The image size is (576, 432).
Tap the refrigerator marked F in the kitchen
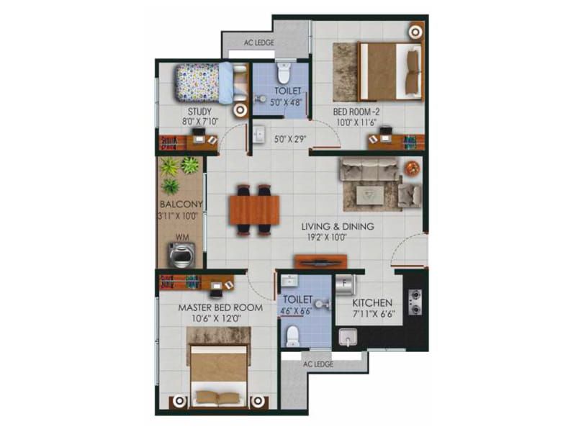[345, 285]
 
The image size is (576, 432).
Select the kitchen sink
[348, 338]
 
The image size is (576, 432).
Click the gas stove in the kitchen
[415, 302]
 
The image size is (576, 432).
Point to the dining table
[254, 210]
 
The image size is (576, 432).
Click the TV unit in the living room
[320, 261]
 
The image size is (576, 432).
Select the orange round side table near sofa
[412, 168]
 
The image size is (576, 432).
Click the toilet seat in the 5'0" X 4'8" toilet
[284, 73]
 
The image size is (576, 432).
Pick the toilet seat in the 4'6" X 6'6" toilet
[293, 336]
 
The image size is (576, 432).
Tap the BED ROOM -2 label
[356, 112]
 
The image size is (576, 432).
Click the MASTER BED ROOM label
[220, 307]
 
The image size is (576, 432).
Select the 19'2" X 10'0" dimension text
[327, 238]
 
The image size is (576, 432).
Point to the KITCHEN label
[372, 303]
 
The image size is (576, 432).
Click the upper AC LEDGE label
[259, 42]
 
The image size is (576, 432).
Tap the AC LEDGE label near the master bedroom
[318, 364]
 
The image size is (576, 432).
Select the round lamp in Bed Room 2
[415, 32]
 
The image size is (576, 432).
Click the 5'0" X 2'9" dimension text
[290, 139]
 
